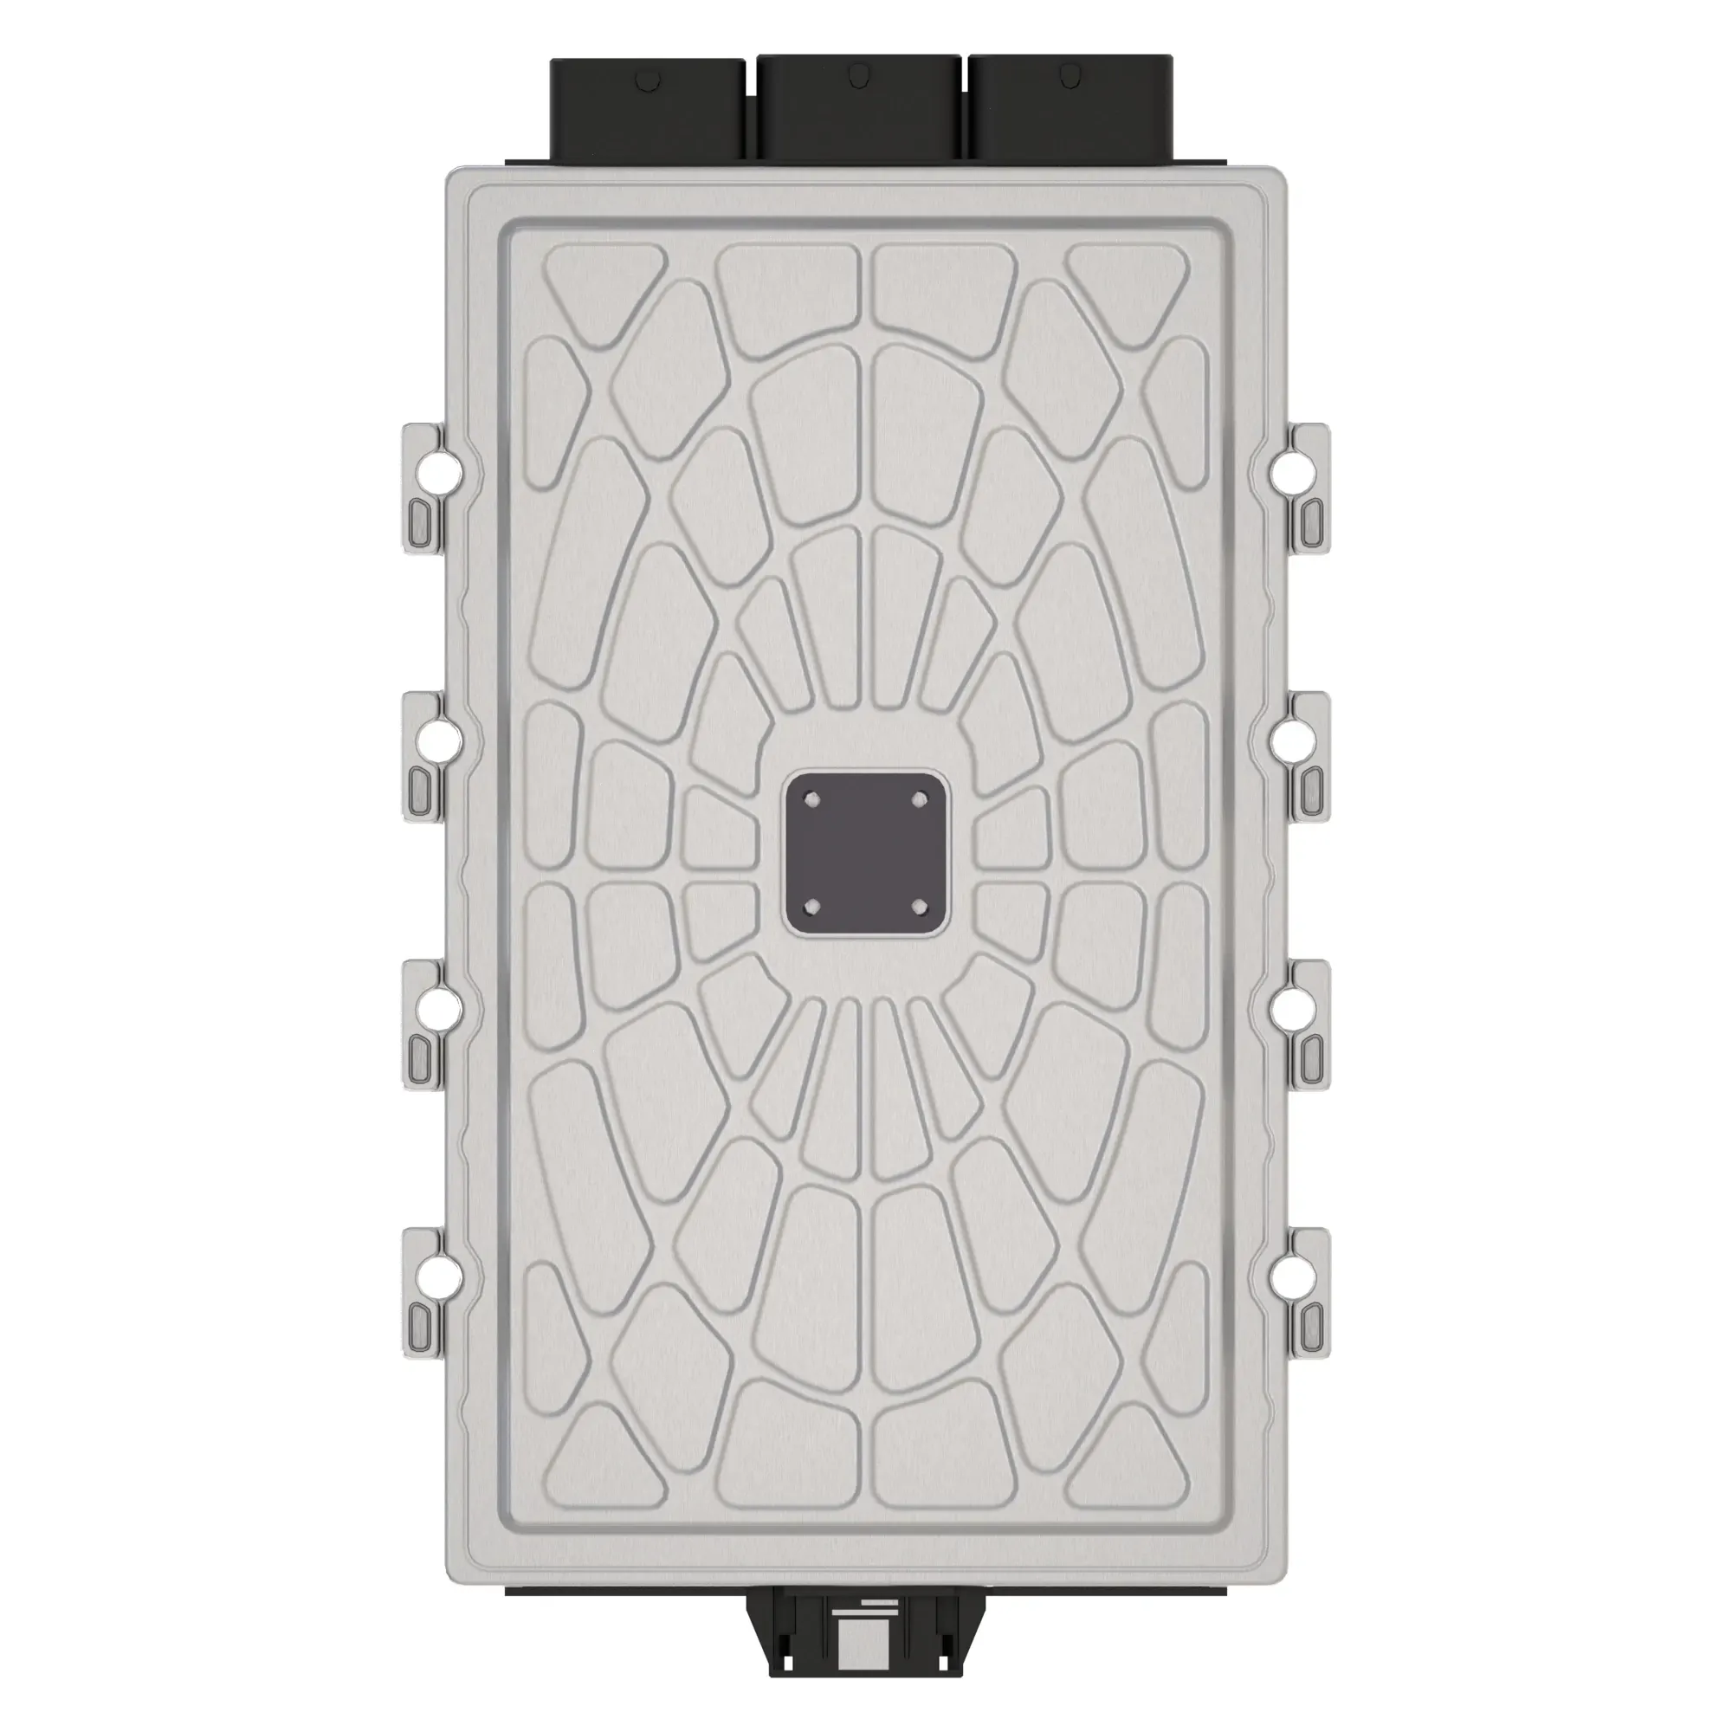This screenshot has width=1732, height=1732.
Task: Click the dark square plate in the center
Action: (865, 854)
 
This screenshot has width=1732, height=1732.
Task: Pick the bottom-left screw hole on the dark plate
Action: (812, 907)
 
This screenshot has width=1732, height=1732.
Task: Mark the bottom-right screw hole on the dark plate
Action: (918, 907)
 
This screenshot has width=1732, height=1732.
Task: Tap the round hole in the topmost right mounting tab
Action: (1292, 469)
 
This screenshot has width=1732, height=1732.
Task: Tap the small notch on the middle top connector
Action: (859, 73)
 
